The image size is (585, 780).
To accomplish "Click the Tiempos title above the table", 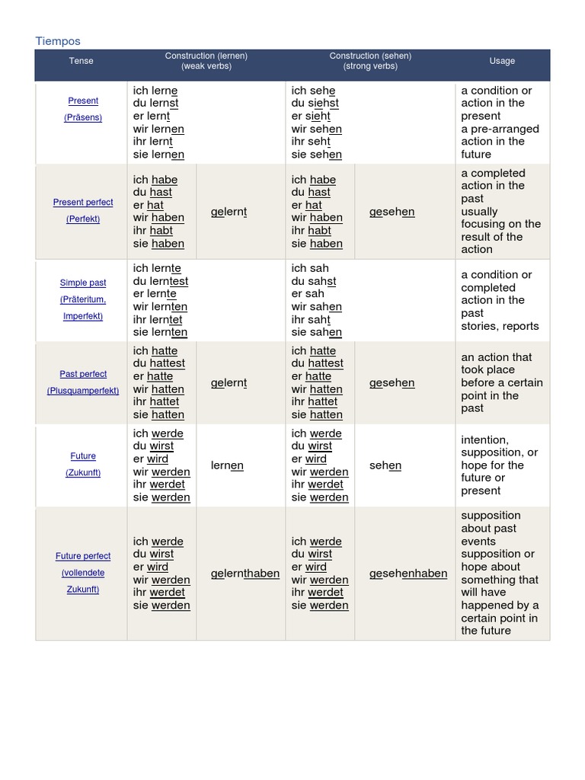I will click(x=58, y=41).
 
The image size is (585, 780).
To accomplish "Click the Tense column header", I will click(x=82, y=61).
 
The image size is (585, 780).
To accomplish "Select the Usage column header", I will click(x=502, y=61).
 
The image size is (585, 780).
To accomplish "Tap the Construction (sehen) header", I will click(x=370, y=61).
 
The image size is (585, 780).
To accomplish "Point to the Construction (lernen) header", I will click(x=206, y=61).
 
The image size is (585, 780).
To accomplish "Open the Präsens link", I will click(x=83, y=117).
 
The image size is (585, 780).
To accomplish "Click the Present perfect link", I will click(x=83, y=203).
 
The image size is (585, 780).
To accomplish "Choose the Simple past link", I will click(x=83, y=283).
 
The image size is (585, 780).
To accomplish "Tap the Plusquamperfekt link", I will click(x=83, y=391).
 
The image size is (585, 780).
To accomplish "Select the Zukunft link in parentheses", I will click(x=83, y=473).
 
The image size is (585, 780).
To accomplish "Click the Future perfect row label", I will click(x=83, y=556).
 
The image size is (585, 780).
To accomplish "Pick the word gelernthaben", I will click(x=245, y=574).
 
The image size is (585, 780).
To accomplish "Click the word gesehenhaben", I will click(x=408, y=574).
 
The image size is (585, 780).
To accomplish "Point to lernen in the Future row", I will click(x=227, y=465).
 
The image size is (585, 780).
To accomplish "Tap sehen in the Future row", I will click(x=385, y=465).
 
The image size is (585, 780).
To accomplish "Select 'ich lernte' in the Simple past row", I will click(x=157, y=268).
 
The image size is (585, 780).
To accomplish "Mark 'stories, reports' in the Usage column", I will click(x=500, y=326).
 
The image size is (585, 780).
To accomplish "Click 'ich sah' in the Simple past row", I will click(x=310, y=268).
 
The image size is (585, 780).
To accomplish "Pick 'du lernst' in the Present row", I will click(x=155, y=104).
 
